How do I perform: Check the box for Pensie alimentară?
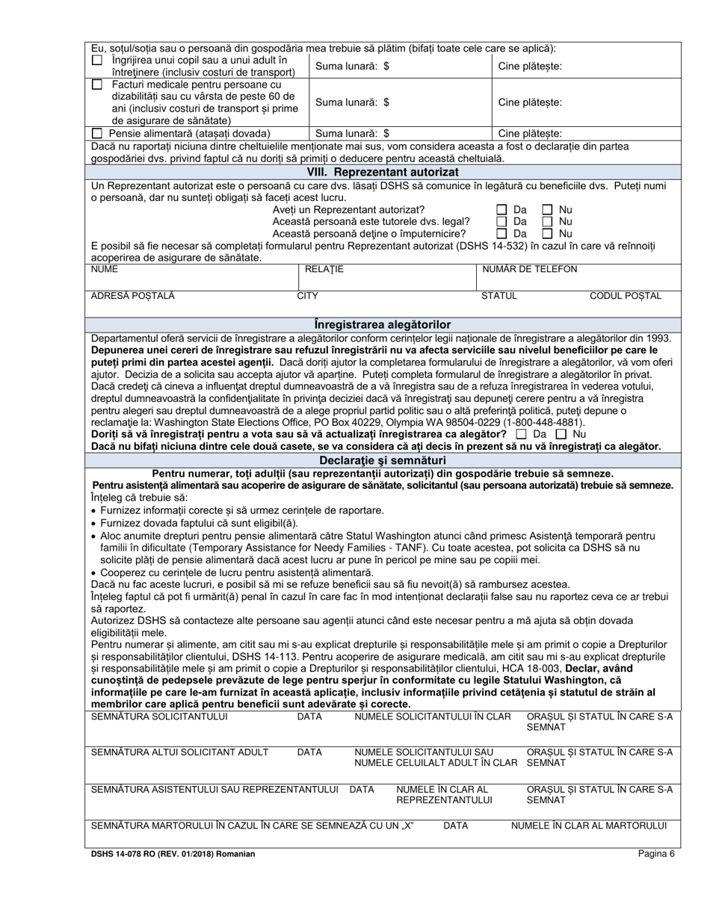(96, 133)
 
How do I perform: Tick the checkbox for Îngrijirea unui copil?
(96, 60)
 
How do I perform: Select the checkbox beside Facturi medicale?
(96, 85)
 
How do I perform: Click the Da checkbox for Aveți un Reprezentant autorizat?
(502, 210)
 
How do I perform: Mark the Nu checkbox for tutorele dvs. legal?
(548, 222)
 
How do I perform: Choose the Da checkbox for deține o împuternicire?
(502, 234)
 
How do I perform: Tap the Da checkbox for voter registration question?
(521, 434)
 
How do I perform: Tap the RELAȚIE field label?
(324, 270)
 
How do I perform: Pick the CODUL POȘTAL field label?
(626, 296)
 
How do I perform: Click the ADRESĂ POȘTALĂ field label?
(132, 296)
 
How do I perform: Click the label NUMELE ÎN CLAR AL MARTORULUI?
(588, 826)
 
